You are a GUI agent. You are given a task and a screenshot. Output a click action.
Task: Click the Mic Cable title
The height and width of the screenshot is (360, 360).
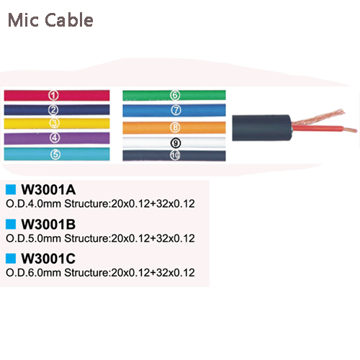50,20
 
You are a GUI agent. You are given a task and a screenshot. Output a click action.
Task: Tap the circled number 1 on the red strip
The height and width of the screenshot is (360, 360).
53,95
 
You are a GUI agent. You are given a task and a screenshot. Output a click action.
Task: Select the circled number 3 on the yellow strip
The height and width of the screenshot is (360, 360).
54,123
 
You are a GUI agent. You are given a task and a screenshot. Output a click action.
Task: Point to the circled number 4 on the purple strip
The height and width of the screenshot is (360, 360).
55,138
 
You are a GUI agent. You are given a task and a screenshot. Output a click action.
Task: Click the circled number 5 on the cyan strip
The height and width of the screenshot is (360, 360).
55,154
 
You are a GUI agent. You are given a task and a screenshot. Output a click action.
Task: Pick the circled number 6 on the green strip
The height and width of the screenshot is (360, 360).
175,95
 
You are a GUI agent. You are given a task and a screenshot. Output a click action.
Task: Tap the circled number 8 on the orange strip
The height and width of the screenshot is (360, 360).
175,127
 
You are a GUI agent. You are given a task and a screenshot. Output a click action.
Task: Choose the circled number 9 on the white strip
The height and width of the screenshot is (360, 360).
176,143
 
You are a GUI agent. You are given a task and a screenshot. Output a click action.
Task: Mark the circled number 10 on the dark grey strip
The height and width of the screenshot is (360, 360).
175,156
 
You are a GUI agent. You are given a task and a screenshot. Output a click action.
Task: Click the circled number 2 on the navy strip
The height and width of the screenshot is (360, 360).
53,110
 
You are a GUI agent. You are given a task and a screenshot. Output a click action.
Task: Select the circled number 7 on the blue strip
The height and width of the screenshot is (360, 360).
176,110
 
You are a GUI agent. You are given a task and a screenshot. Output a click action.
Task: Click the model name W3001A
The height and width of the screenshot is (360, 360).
48,190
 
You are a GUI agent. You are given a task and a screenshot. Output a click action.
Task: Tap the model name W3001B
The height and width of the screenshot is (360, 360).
48,225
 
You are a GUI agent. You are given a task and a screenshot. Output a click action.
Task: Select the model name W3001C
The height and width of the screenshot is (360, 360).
48,258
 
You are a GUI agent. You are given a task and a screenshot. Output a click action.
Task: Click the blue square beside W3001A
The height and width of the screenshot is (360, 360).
11,189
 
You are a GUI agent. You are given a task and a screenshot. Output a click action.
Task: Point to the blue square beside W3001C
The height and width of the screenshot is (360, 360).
11,258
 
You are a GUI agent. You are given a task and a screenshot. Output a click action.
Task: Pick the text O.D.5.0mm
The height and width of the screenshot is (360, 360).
33,238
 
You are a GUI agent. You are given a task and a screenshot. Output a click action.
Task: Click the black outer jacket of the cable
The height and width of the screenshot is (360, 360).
261,128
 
